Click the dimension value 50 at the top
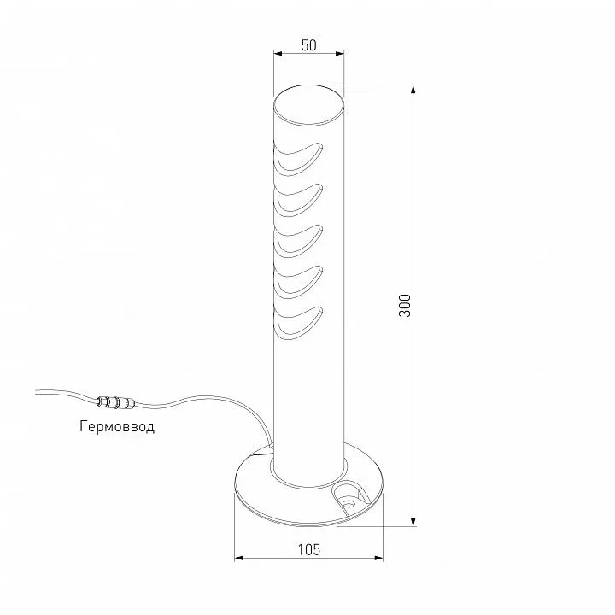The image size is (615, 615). point(308,45)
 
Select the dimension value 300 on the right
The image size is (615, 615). point(404,306)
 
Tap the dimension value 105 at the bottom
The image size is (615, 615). point(309,549)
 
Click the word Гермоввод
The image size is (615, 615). point(117,426)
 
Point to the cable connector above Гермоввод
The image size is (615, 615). point(115,401)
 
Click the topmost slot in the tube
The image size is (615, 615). point(299,158)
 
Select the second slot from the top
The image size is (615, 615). point(299,200)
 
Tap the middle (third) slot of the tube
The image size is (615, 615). point(299,241)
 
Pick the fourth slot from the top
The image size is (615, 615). point(299,282)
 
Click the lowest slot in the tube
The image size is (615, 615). point(299,322)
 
